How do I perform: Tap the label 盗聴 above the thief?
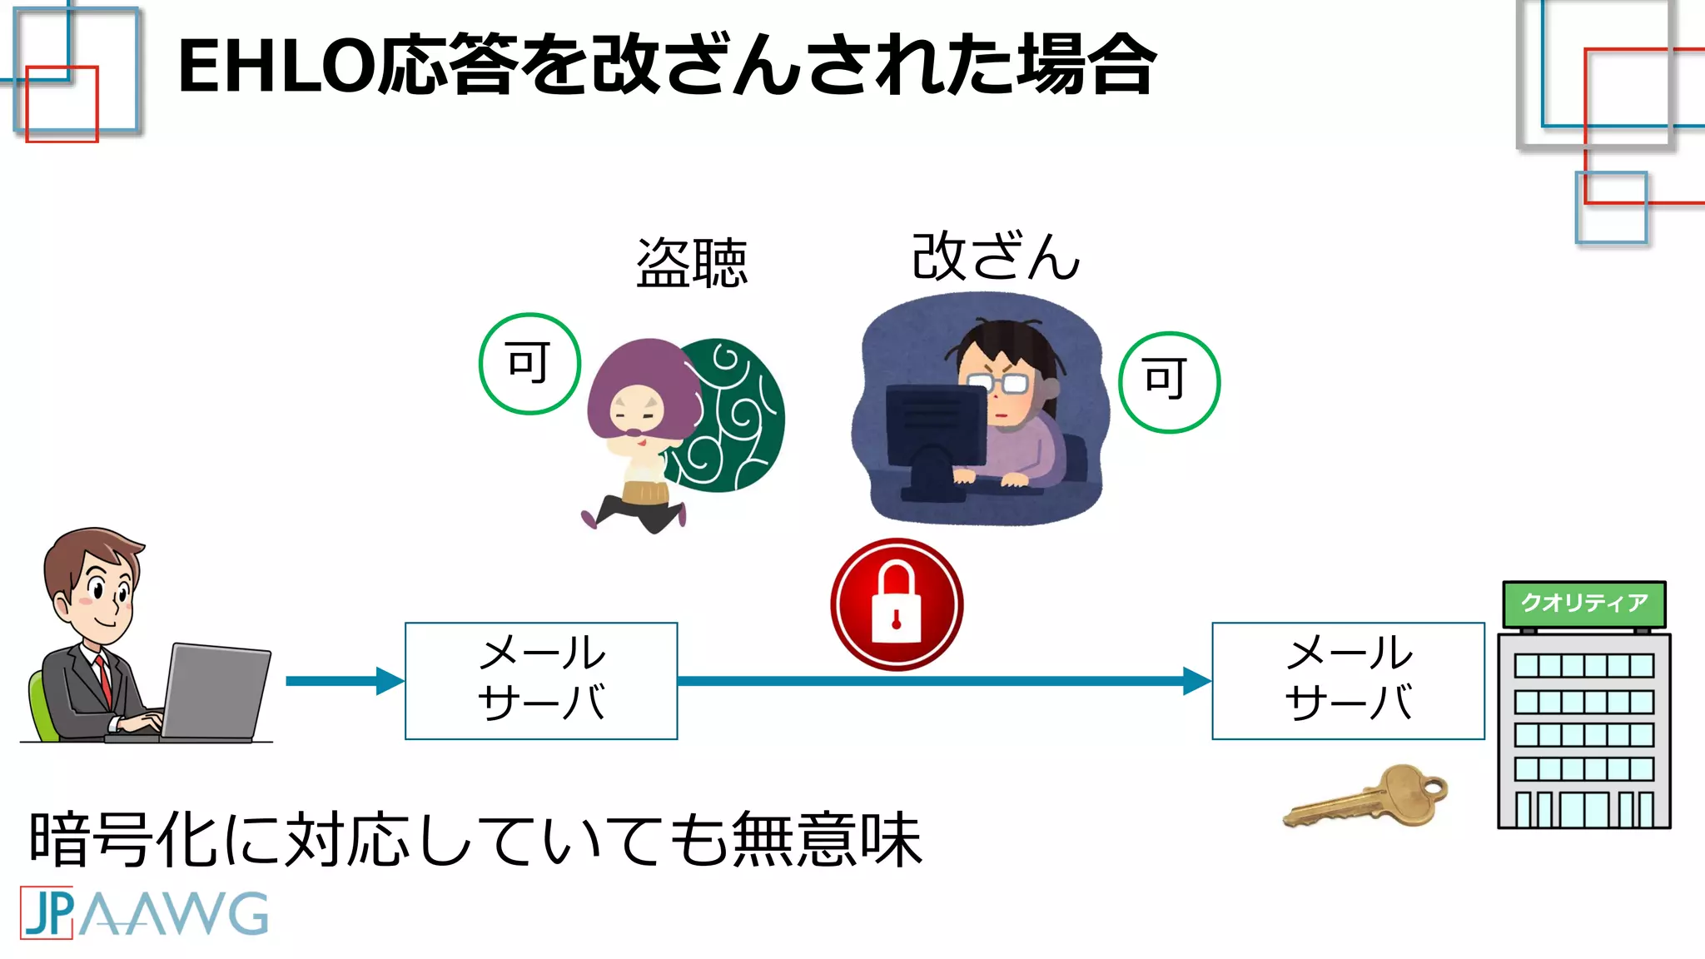(691, 263)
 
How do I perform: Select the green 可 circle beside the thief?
(529, 364)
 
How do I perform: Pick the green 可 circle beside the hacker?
(1168, 382)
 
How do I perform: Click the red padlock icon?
(897, 604)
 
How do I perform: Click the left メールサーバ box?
(541, 680)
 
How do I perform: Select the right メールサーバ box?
(1348, 680)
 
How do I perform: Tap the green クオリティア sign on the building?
(1583, 604)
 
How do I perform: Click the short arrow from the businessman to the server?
(341, 681)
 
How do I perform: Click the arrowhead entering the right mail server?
(1196, 681)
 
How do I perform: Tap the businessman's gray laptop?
(218, 691)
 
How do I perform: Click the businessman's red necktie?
(104, 678)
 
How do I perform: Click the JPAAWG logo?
(144, 913)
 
